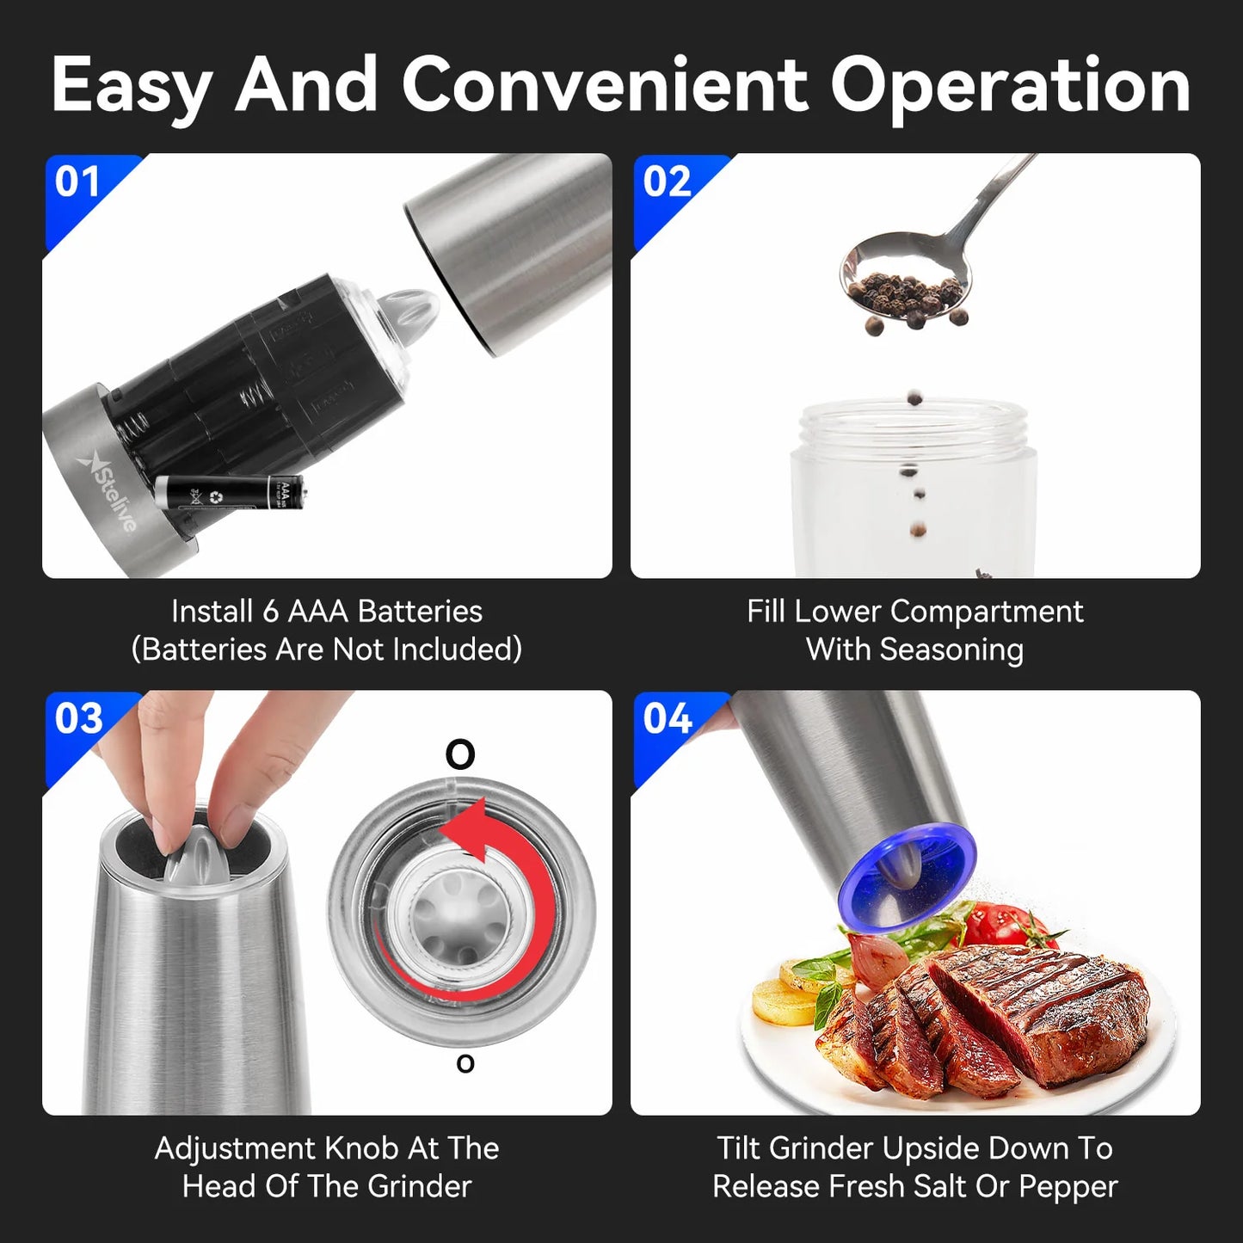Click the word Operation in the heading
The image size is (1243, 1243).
(1010, 86)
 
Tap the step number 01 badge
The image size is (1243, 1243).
(77, 182)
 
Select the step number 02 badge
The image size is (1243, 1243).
(667, 182)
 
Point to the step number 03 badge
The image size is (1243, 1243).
(78, 719)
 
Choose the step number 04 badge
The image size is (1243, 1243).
(667, 719)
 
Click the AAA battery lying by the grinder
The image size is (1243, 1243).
(229, 494)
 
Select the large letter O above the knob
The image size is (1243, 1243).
(460, 754)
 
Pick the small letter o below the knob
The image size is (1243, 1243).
(465, 1064)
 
